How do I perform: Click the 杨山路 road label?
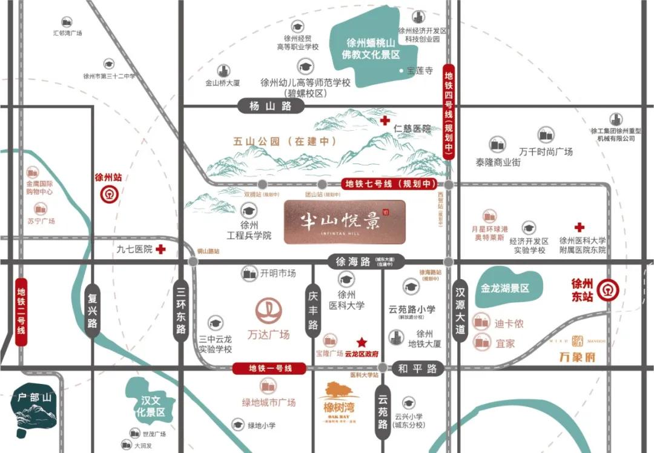click(269, 107)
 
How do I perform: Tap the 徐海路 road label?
click(352, 262)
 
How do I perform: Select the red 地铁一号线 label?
click(270, 368)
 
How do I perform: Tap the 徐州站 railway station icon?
click(109, 194)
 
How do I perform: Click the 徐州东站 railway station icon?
click(604, 290)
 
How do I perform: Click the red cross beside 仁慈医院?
click(385, 121)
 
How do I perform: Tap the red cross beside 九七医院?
click(160, 250)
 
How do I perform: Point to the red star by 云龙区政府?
click(362, 342)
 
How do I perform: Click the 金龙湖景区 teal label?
click(504, 288)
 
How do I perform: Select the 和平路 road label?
click(417, 368)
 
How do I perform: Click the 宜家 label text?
click(505, 343)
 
